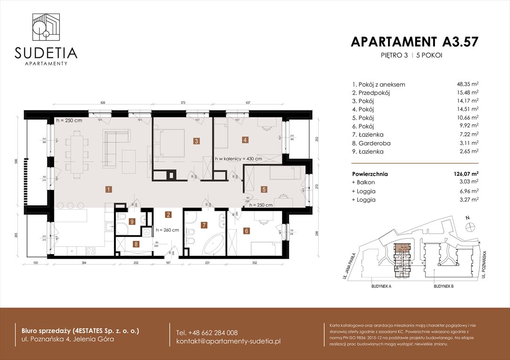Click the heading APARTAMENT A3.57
(x=414, y=42)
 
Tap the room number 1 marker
(x=108, y=190)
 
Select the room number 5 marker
(x=264, y=190)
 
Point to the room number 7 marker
(x=204, y=225)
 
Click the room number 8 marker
(x=136, y=244)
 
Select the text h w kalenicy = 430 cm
(x=238, y=159)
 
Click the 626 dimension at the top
(x=101, y=103)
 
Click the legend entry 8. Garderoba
(x=371, y=143)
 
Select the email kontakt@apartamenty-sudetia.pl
(x=228, y=341)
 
